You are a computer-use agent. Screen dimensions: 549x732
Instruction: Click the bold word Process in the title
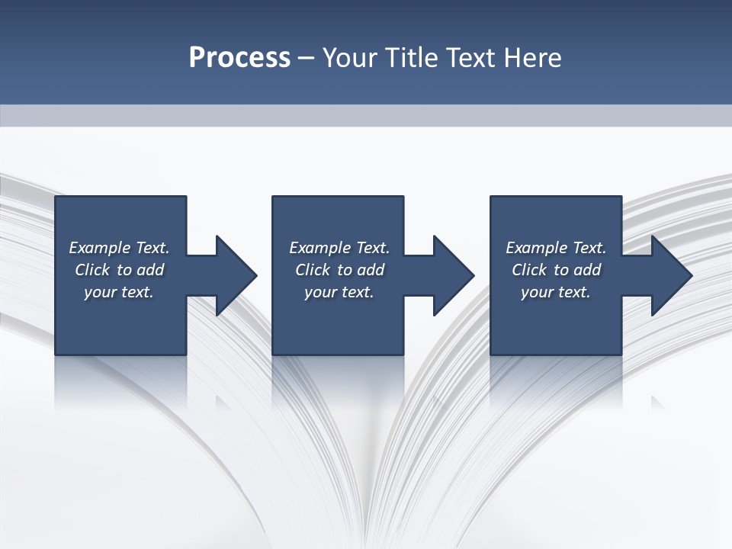pyautogui.click(x=239, y=58)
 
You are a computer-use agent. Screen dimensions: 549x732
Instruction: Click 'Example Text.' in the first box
pyautogui.click(x=119, y=248)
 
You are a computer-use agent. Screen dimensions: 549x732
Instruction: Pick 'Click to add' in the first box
pyautogui.click(x=119, y=270)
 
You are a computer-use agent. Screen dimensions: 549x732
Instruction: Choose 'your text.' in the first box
pyautogui.click(x=119, y=292)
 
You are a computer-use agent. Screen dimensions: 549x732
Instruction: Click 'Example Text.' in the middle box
pyautogui.click(x=339, y=248)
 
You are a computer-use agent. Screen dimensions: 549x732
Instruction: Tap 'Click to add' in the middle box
pyautogui.click(x=339, y=270)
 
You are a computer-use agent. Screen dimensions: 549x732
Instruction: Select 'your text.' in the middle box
pyautogui.click(x=339, y=292)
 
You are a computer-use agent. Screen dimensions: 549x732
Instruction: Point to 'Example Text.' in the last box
pyautogui.click(x=556, y=248)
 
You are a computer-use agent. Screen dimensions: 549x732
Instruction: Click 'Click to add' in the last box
pyautogui.click(x=556, y=270)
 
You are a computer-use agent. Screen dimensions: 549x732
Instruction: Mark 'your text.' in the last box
pyautogui.click(x=556, y=292)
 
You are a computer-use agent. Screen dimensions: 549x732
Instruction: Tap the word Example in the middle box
pyautogui.click(x=320, y=248)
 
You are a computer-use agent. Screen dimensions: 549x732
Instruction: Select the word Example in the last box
pyautogui.click(x=537, y=248)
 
